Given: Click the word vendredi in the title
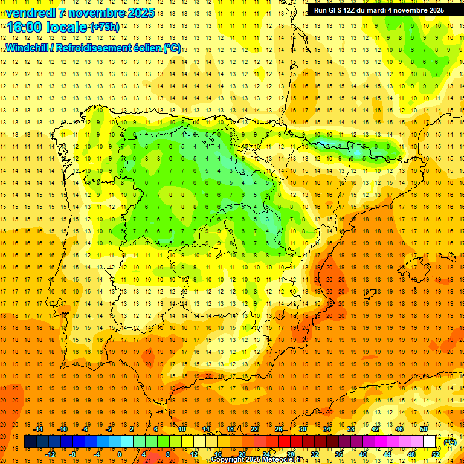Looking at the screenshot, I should (31, 13).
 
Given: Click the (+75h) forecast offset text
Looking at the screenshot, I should (105, 27).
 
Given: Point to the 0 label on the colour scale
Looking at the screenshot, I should (120, 454).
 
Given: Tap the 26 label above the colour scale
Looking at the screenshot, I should (279, 429).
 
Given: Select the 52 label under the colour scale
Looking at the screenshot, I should (436, 454).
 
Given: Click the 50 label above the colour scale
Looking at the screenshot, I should (424, 429).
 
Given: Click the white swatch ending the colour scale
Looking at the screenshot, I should (430, 442).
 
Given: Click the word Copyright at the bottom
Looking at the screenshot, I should (230, 460).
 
